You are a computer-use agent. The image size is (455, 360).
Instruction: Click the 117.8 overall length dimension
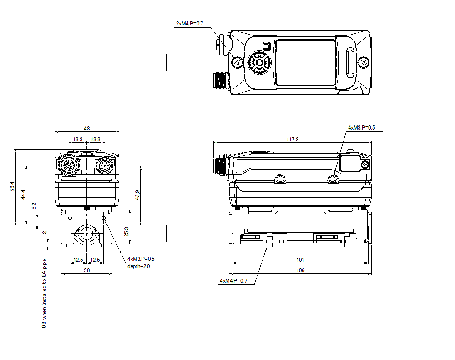click(292, 140)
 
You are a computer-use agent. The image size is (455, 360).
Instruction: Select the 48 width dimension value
click(86, 129)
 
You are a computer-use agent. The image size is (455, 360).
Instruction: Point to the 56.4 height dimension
click(12, 187)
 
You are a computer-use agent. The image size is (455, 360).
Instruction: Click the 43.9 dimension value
click(137, 195)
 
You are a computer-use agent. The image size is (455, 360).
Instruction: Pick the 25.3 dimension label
click(127, 231)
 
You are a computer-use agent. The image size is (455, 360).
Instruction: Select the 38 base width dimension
click(86, 270)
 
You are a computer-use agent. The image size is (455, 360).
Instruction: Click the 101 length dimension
click(300, 260)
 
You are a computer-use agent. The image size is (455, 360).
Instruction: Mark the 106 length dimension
click(300, 270)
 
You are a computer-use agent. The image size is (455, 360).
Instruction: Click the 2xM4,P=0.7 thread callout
click(189, 23)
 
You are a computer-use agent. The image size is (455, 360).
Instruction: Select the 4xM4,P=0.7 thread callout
click(233, 281)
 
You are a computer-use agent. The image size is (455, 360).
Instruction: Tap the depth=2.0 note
click(138, 266)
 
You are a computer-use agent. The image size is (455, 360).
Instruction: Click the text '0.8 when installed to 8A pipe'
click(44, 293)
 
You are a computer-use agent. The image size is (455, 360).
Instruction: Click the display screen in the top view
click(306, 62)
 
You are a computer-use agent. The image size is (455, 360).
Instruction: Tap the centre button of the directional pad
click(259, 62)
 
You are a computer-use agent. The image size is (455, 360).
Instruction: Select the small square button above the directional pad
click(266, 46)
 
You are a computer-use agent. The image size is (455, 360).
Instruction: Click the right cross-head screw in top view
click(364, 62)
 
